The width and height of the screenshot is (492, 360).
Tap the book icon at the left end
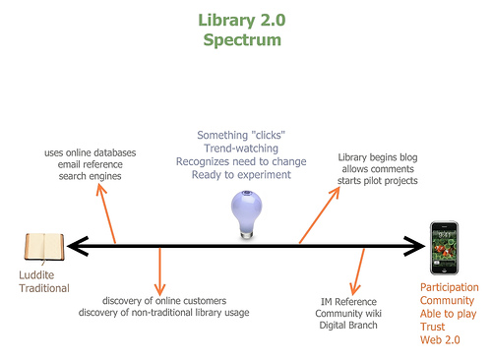44,246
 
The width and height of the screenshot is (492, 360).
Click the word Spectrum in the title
242,41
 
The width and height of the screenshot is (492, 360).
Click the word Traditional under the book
45,288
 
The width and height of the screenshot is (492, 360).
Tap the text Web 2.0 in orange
439,339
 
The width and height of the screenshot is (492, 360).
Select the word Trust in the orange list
434,326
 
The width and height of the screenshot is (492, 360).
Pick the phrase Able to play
448,313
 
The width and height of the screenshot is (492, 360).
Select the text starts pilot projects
378,181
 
